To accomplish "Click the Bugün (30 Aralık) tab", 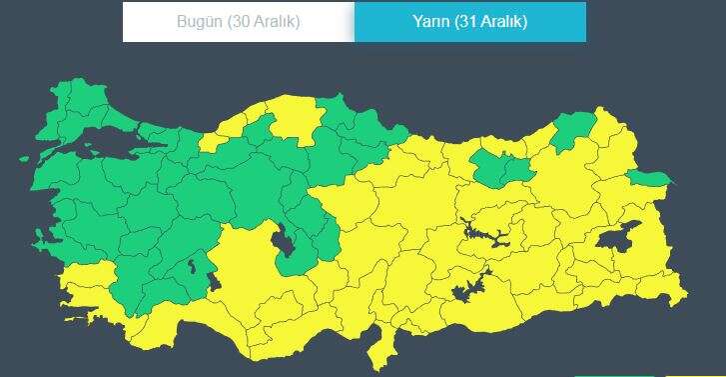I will click(x=238, y=21).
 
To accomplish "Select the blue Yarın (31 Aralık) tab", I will click(x=469, y=21).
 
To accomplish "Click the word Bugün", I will click(x=199, y=21).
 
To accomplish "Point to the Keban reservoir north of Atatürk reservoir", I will click(x=483, y=235).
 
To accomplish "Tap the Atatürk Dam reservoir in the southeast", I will click(x=466, y=291).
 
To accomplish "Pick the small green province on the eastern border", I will click(x=649, y=179).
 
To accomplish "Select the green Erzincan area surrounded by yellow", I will click(x=499, y=166).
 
